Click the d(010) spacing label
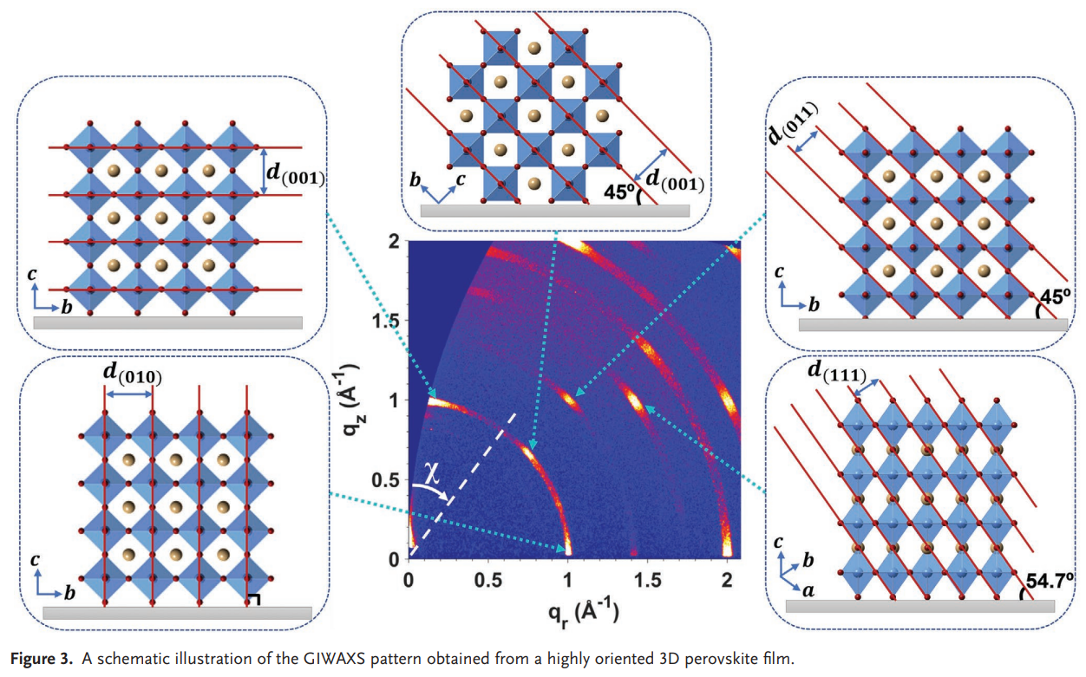pos(133,374)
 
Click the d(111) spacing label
pos(836,372)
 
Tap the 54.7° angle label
pos(1050,580)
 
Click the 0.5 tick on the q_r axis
pos(488,580)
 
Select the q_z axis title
pos(349,400)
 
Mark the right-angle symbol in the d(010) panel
pos(253,600)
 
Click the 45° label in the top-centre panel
pos(618,192)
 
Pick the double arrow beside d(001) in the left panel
pos(263,171)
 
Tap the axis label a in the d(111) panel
pos(808,590)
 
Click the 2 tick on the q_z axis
pos(394,241)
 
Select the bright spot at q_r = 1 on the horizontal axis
pos(568,548)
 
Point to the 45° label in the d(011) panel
pos(1055,297)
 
